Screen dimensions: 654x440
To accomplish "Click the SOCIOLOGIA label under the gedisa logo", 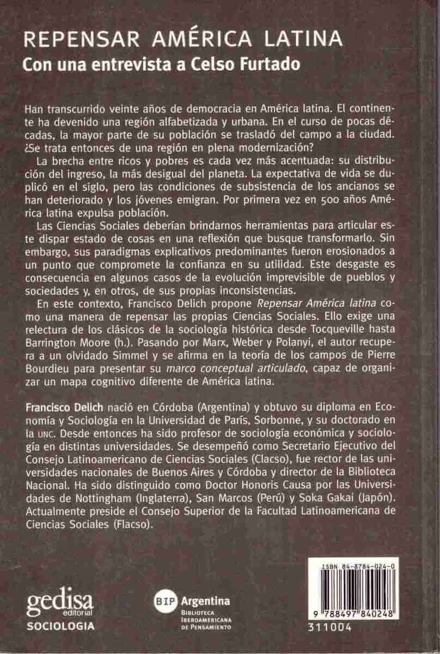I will pos(61,626).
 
